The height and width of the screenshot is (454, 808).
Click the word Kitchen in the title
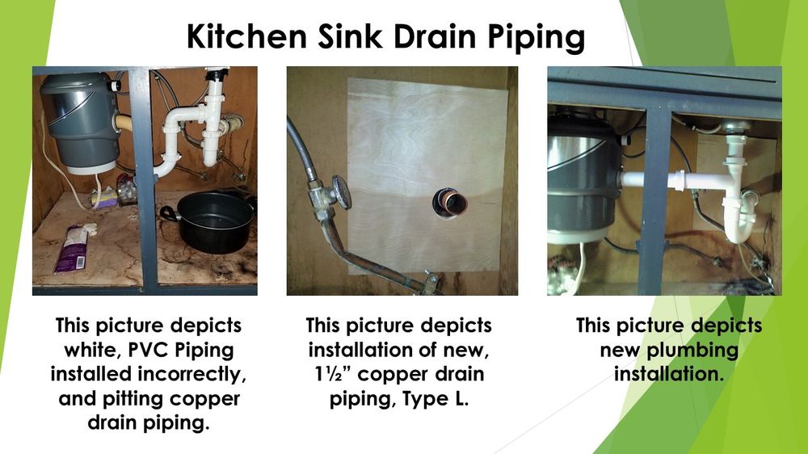point(242,37)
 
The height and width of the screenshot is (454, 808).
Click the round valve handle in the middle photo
point(341,192)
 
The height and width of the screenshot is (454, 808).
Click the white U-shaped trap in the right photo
point(736,218)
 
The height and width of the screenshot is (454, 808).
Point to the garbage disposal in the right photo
point(580,182)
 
